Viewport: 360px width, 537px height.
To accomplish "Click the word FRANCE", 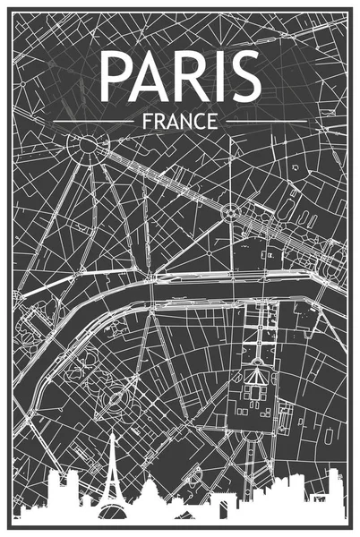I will [x=179, y=118].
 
